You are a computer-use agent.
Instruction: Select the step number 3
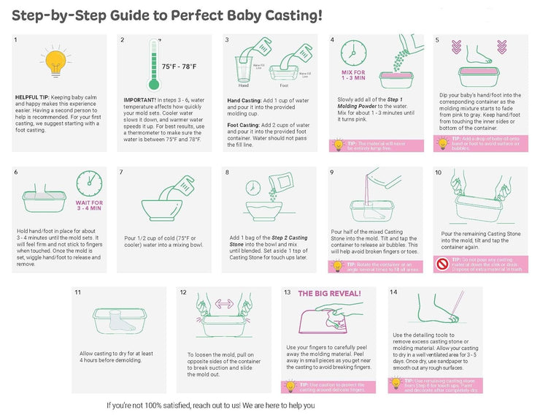click(x=228, y=40)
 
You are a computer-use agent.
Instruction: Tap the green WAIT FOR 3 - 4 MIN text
click(x=88, y=206)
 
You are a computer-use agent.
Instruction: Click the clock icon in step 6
click(x=89, y=182)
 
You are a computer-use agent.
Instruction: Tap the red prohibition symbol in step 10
click(x=443, y=265)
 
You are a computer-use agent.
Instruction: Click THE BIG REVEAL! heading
click(x=328, y=294)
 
